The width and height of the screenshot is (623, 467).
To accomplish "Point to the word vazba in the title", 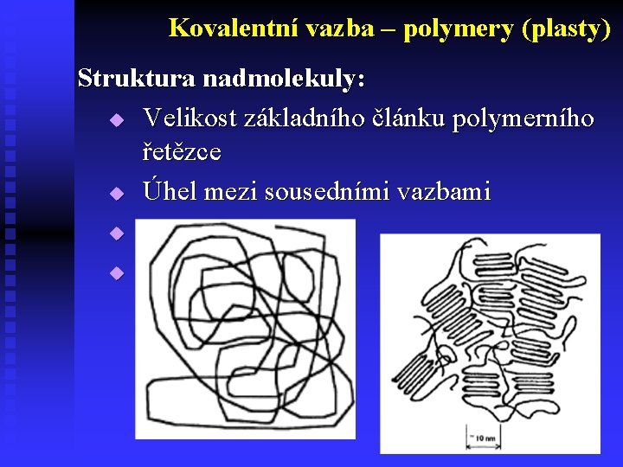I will point(337,29).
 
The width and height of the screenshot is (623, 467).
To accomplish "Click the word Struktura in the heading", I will point(136,80).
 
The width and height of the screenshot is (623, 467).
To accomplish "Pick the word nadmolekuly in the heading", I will point(285,80).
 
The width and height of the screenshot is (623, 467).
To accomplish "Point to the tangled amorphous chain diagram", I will point(246,329).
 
